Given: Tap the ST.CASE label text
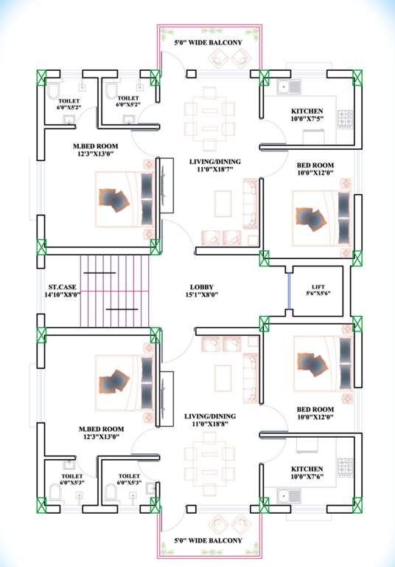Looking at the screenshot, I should point(60,290).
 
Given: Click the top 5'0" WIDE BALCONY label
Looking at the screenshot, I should point(208,44).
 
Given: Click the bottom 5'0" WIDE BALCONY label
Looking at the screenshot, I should point(208,541).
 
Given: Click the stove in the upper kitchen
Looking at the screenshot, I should point(344,117).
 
